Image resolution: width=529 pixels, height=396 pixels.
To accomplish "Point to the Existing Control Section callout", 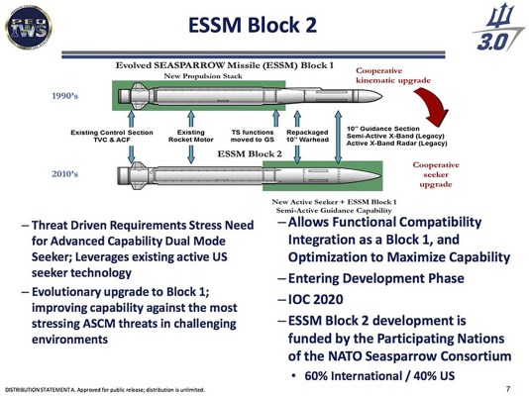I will [x=109, y=136].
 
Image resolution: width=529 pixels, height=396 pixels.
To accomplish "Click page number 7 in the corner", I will [x=507, y=387].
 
